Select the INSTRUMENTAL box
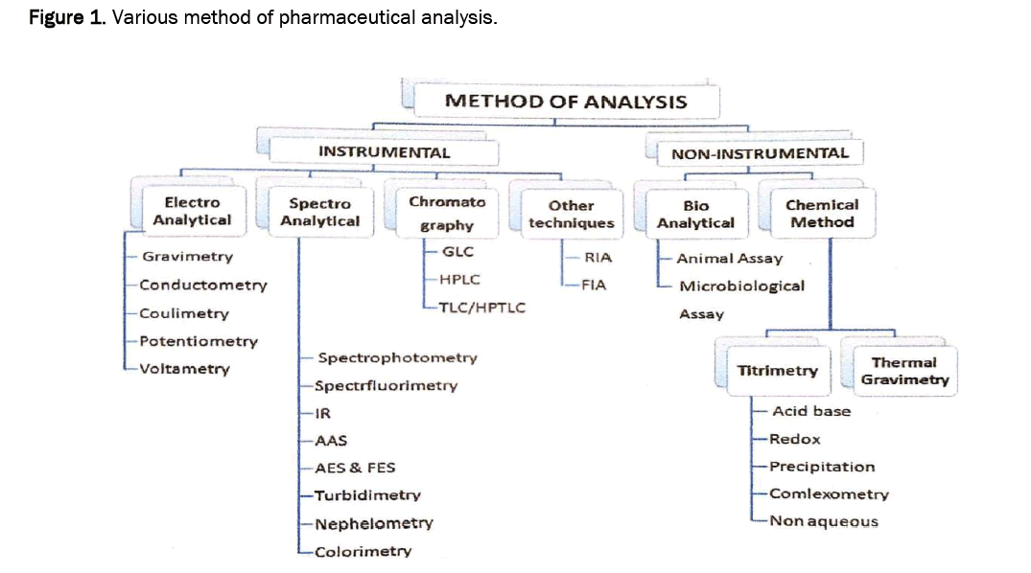(x=384, y=151)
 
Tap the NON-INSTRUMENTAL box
(x=759, y=152)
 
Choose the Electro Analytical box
(x=192, y=211)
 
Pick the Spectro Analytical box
(x=319, y=212)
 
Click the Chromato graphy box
(x=447, y=213)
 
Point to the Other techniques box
(x=571, y=214)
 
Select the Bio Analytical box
(x=695, y=214)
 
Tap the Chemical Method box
(x=821, y=213)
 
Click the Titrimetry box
(x=777, y=370)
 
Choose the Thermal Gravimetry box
(x=904, y=371)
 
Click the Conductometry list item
(x=202, y=285)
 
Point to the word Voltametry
(x=184, y=369)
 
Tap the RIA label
(x=598, y=257)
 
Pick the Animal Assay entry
(x=729, y=258)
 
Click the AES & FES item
(x=354, y=468)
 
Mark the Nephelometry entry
(x=373, y=523)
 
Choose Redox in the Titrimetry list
(x=794, y=439)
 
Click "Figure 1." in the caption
(x=66, y=18)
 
